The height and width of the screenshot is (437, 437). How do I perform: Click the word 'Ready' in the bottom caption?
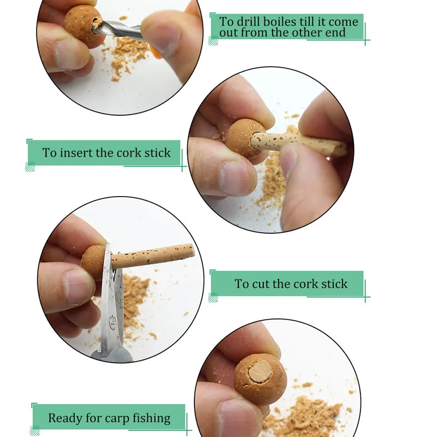pos(66,418)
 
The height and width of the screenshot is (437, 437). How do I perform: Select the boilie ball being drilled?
pos(82,22)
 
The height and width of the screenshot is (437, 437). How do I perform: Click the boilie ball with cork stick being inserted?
pos(245,139)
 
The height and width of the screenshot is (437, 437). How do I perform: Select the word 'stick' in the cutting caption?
pos(333,284)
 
